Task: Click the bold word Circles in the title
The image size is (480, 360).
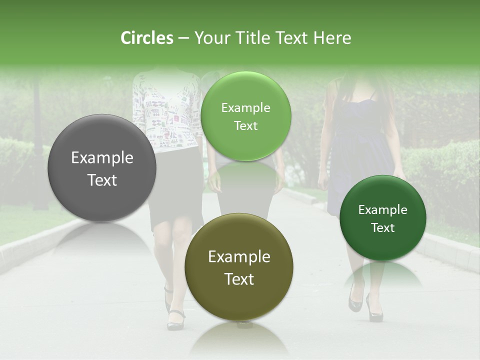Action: (x=146, y=38)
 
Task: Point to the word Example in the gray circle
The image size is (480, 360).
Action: (x=102, y=158)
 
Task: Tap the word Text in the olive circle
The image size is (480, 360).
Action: (x=239, y=279)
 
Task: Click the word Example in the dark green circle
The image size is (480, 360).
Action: (x=382, y=210)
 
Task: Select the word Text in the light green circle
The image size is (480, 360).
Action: (x=245, y=126)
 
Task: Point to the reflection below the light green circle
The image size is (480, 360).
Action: (x=245, y=175)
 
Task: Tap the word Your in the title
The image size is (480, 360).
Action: (x=210, y=38)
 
